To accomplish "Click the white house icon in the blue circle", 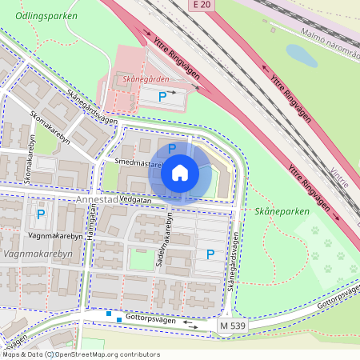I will [x=180, y=172].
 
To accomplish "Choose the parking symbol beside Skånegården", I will [x=162, y=97].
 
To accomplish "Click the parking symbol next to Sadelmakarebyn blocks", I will [x=210, y=254].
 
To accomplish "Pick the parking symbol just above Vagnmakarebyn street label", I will [x=40, y=214].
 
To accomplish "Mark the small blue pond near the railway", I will [x=301, y=55].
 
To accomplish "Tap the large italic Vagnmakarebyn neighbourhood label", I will [x=38, y=254].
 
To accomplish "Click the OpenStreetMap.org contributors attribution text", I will [x=109, y=354].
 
